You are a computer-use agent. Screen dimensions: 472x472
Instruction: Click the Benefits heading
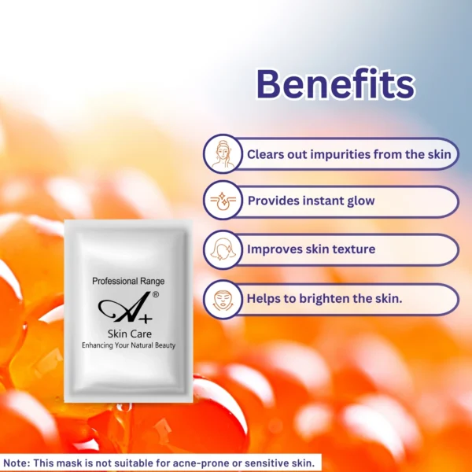tap(335, 84)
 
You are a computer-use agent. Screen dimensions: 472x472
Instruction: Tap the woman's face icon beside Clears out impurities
tap(223, 154)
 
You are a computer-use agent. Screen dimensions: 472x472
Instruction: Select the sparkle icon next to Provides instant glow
tap(223, 201)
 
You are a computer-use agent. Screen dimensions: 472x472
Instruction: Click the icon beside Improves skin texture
tap(222, 249)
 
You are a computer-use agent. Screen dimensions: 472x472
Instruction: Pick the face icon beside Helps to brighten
tap(223, 300)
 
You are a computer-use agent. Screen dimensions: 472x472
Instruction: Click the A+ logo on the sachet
tap(125, 308)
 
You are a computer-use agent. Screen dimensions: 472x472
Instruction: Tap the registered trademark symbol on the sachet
tap(156, 295)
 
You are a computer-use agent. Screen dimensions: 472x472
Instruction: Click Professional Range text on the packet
tap(128, 281)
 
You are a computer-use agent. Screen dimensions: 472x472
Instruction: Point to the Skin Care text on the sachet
tap(130, 334)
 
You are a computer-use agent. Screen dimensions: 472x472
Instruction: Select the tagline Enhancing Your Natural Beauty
tap(128, 345)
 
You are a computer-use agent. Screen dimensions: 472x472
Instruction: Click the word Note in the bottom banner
tap(14, 463)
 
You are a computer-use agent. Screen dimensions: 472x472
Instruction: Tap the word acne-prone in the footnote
tap(202, 463)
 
